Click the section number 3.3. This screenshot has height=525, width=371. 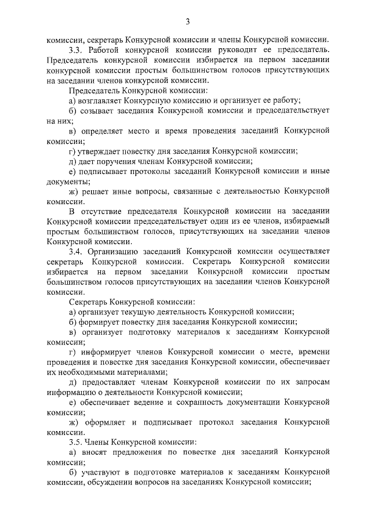coord(75,50)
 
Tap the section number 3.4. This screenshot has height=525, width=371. coord(75,251)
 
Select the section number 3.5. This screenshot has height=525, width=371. coord(75,442)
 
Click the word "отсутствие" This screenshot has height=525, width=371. coord(108,211)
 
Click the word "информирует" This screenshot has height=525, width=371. coord(110,352)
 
